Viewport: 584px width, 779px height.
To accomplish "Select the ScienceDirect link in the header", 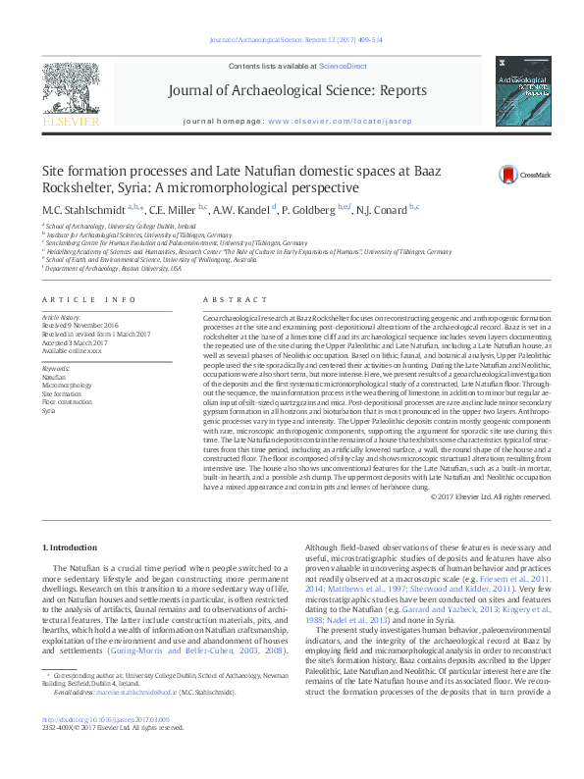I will tap(344, 66).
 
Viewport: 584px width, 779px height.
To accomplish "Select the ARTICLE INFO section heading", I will tap(89, 299).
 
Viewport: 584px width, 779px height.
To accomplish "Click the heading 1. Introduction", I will tap(73, 545).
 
